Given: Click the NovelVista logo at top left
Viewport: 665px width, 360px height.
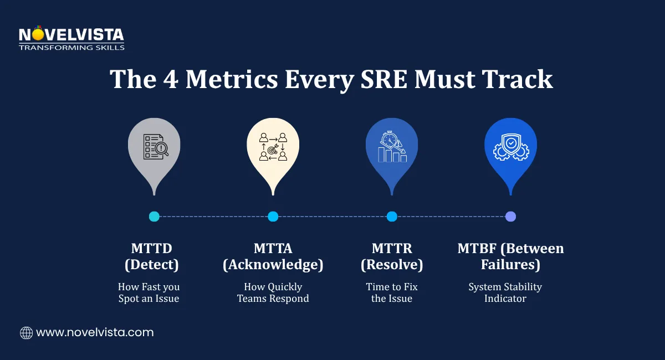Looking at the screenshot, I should coord(71,38).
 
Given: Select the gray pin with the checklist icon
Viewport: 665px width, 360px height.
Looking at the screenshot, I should coord(154,150).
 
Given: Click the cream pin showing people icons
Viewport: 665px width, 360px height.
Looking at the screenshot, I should coord(273,150).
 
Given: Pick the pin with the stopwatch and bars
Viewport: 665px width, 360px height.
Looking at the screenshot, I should coord(392,150).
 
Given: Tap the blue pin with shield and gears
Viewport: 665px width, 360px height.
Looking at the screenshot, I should coord(510,150).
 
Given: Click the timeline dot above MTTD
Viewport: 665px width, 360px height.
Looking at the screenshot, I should coord(154,217).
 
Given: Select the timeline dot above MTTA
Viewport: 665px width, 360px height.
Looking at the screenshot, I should coord(273,217).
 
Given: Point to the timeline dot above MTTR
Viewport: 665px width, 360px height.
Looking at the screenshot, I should coord(392,217).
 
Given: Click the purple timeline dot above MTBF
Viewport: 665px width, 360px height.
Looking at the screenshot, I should coord(510,217).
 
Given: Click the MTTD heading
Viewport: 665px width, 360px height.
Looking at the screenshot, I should coord(151,249).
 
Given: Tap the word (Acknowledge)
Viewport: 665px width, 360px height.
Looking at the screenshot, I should coord(273,265).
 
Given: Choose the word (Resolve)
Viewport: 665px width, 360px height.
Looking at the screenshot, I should coord(392,265).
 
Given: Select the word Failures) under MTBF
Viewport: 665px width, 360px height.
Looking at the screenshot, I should coord(510,265).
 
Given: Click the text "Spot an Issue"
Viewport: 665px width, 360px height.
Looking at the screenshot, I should coord(149,299).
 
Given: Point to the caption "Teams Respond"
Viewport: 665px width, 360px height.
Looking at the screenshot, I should coord(273,299).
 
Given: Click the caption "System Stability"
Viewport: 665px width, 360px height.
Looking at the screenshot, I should coord(505,287).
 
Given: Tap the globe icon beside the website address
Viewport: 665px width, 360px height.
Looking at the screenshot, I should coord(26,333).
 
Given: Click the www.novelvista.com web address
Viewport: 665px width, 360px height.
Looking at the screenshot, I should coord(94,333).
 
